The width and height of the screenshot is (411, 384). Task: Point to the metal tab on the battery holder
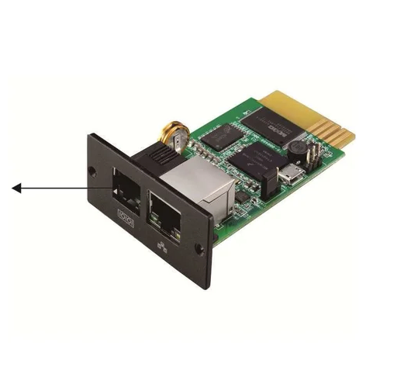coord(180,143)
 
